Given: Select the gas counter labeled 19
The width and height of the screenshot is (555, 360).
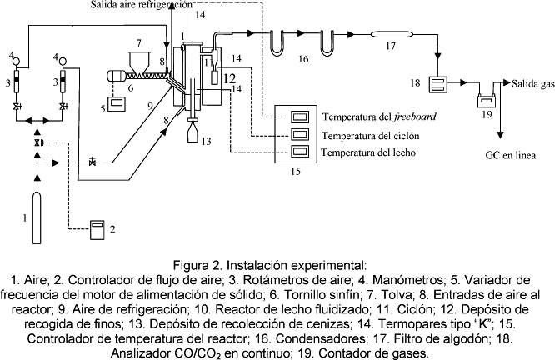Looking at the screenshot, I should pos(486,102).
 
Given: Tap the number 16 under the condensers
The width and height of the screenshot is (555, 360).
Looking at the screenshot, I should pos(303,59).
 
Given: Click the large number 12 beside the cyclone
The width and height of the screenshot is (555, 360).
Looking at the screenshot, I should pos(230,77).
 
